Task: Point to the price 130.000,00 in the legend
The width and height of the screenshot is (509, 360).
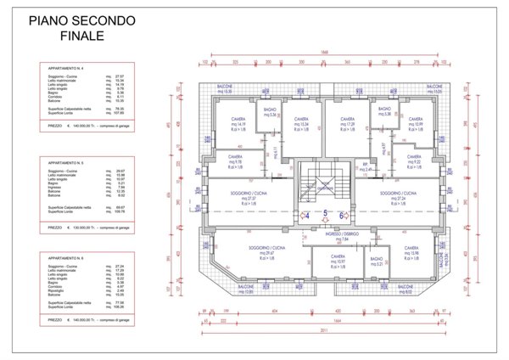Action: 84,228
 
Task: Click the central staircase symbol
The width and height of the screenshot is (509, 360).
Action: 324,188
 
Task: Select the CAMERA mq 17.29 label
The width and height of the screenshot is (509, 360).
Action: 348,123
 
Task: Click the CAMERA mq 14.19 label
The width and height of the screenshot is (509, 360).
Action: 230,123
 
